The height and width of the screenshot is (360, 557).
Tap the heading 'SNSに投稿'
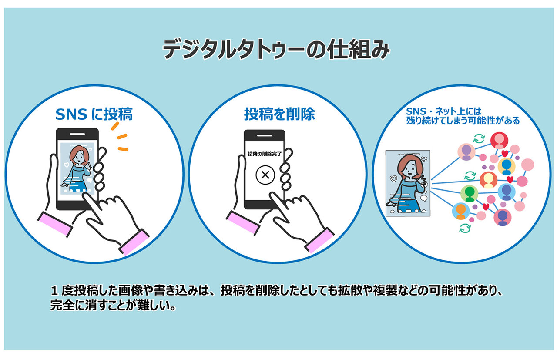point(94,114)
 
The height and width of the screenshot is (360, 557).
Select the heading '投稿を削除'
point(279,114)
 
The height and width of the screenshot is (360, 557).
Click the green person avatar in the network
point(470,193)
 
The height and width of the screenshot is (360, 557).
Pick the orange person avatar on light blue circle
point(461,211)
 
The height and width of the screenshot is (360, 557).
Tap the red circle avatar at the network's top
point(499,141)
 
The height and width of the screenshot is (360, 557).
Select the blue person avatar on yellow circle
point(507,166)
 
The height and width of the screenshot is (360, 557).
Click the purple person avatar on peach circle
point(466,152)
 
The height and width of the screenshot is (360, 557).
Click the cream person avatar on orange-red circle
point(489,179)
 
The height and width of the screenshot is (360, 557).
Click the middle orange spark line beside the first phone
point(122,136)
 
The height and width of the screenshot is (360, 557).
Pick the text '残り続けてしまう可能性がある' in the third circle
point(462,121)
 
